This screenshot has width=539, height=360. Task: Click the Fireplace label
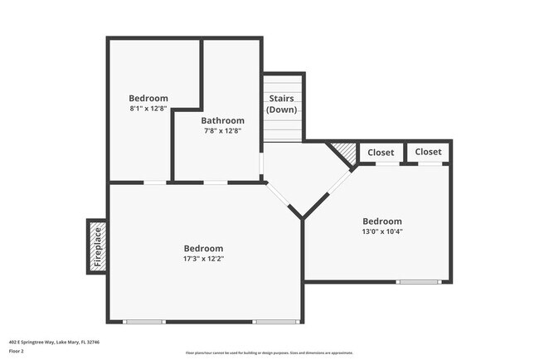(x=97, y=246)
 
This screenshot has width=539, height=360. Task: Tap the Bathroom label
(x=224, y=120)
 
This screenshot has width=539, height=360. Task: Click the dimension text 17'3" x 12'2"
(x=203, y=259)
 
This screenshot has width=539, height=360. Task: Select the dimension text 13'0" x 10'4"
(x=382, y=231)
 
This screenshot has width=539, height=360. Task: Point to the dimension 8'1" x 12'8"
(x=148, y=108)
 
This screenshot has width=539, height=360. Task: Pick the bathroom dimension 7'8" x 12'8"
(x=224, y=130)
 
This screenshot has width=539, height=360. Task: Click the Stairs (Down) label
(x=281, y=104)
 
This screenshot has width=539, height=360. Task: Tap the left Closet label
(x=381, y=153)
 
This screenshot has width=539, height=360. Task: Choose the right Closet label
(x=428, y=152)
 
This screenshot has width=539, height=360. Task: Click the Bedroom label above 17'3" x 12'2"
(x=203, y=248)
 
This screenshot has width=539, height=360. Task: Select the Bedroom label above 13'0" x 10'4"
(x=382, y=221)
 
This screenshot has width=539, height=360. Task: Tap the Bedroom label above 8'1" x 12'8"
(x=148, y=98)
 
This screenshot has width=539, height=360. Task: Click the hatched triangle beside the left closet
(x=344, y=152)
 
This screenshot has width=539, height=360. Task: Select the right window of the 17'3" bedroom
(x=275, y=322)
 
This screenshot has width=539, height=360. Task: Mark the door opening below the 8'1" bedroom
(x=155, y=182)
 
